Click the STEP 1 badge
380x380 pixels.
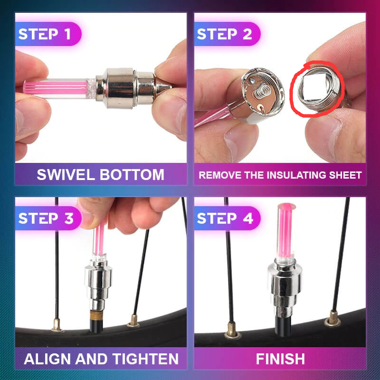click(x=48, y=34)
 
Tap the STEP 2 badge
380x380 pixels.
click(x=227, y=34)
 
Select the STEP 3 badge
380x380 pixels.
click(x=48, y=218)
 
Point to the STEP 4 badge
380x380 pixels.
click(x=227, y=218)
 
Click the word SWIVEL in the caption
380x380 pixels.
click(x=66, y=174)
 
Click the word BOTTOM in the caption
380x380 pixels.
click(x=132, y=174)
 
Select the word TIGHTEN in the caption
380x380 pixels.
click(x=145, y=359)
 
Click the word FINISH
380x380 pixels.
click(x=280, y=359)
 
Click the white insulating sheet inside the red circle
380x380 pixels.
click(x=314, y=87)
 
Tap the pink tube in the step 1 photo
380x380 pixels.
click(x=55, y=88)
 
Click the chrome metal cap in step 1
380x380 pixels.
click(x=126, y=88)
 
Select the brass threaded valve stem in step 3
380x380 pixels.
click(x=96, y=314)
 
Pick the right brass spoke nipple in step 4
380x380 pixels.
click(x=333, y=318)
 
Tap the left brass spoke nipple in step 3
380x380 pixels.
click(x=57, y=325)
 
